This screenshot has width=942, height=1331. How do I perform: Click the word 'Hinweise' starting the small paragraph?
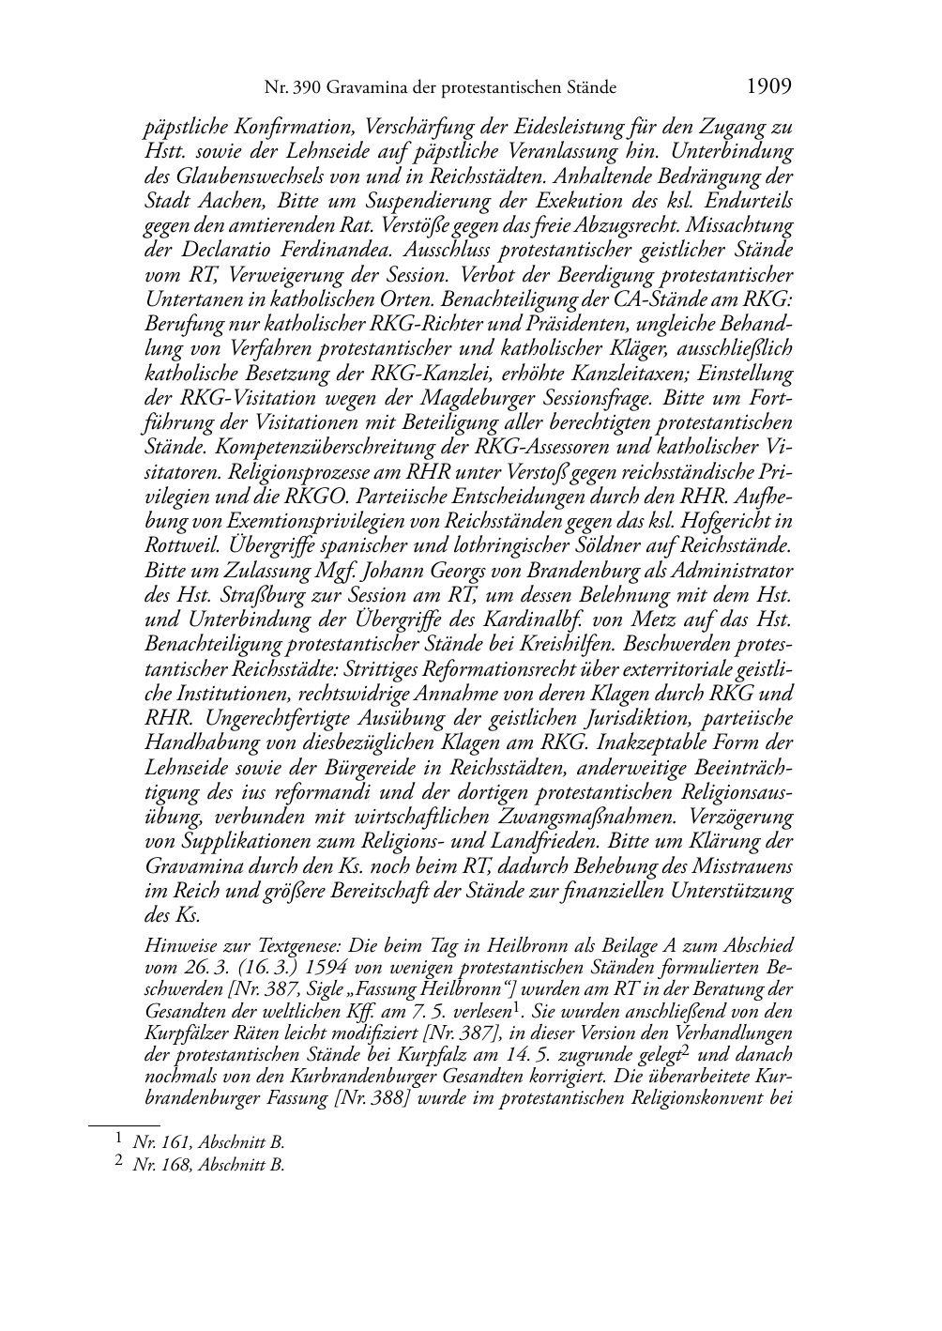tap(174, 946)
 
